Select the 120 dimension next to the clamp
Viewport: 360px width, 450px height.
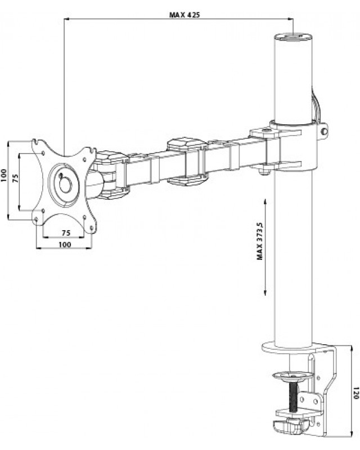pos(355,391)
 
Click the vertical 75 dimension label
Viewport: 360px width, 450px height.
pos(15,178)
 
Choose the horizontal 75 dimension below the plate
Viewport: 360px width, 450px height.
pos(65,232)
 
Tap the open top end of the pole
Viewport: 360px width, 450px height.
pos(292,37)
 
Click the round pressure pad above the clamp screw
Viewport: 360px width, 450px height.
pos(292,373)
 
